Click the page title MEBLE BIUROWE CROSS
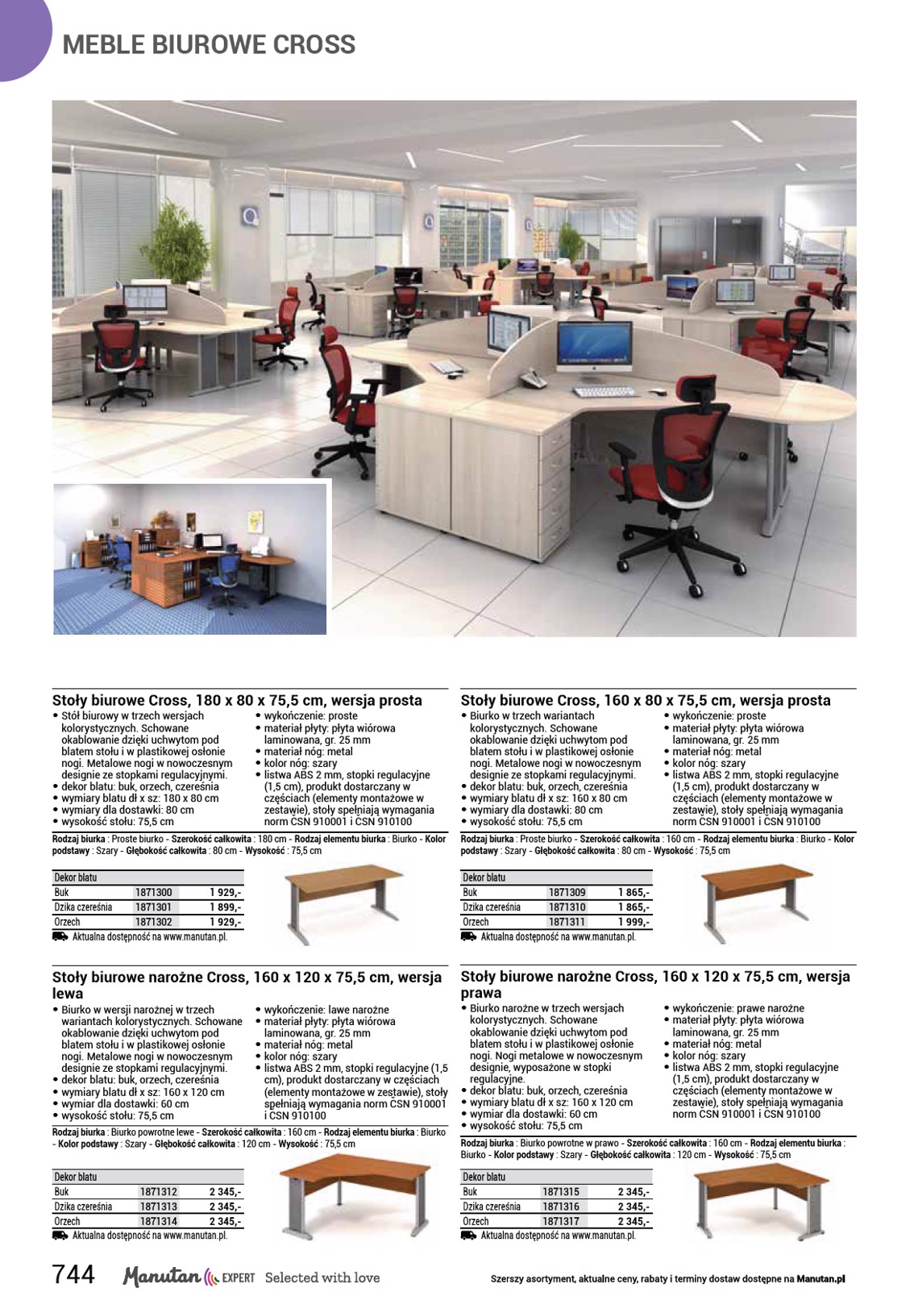pos(209,44)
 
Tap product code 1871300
pos(153,893)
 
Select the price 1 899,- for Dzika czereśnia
pos(225,907)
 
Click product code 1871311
pos(567,922)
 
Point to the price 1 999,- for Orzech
pos(633,922)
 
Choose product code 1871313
pos(158,1207)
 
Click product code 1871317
pos(561,1221)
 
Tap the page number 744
pos(73,1275)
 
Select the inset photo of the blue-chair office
pos(190,558)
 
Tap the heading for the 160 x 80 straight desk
pos(645,700)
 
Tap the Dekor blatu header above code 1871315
pos(484,1177)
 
